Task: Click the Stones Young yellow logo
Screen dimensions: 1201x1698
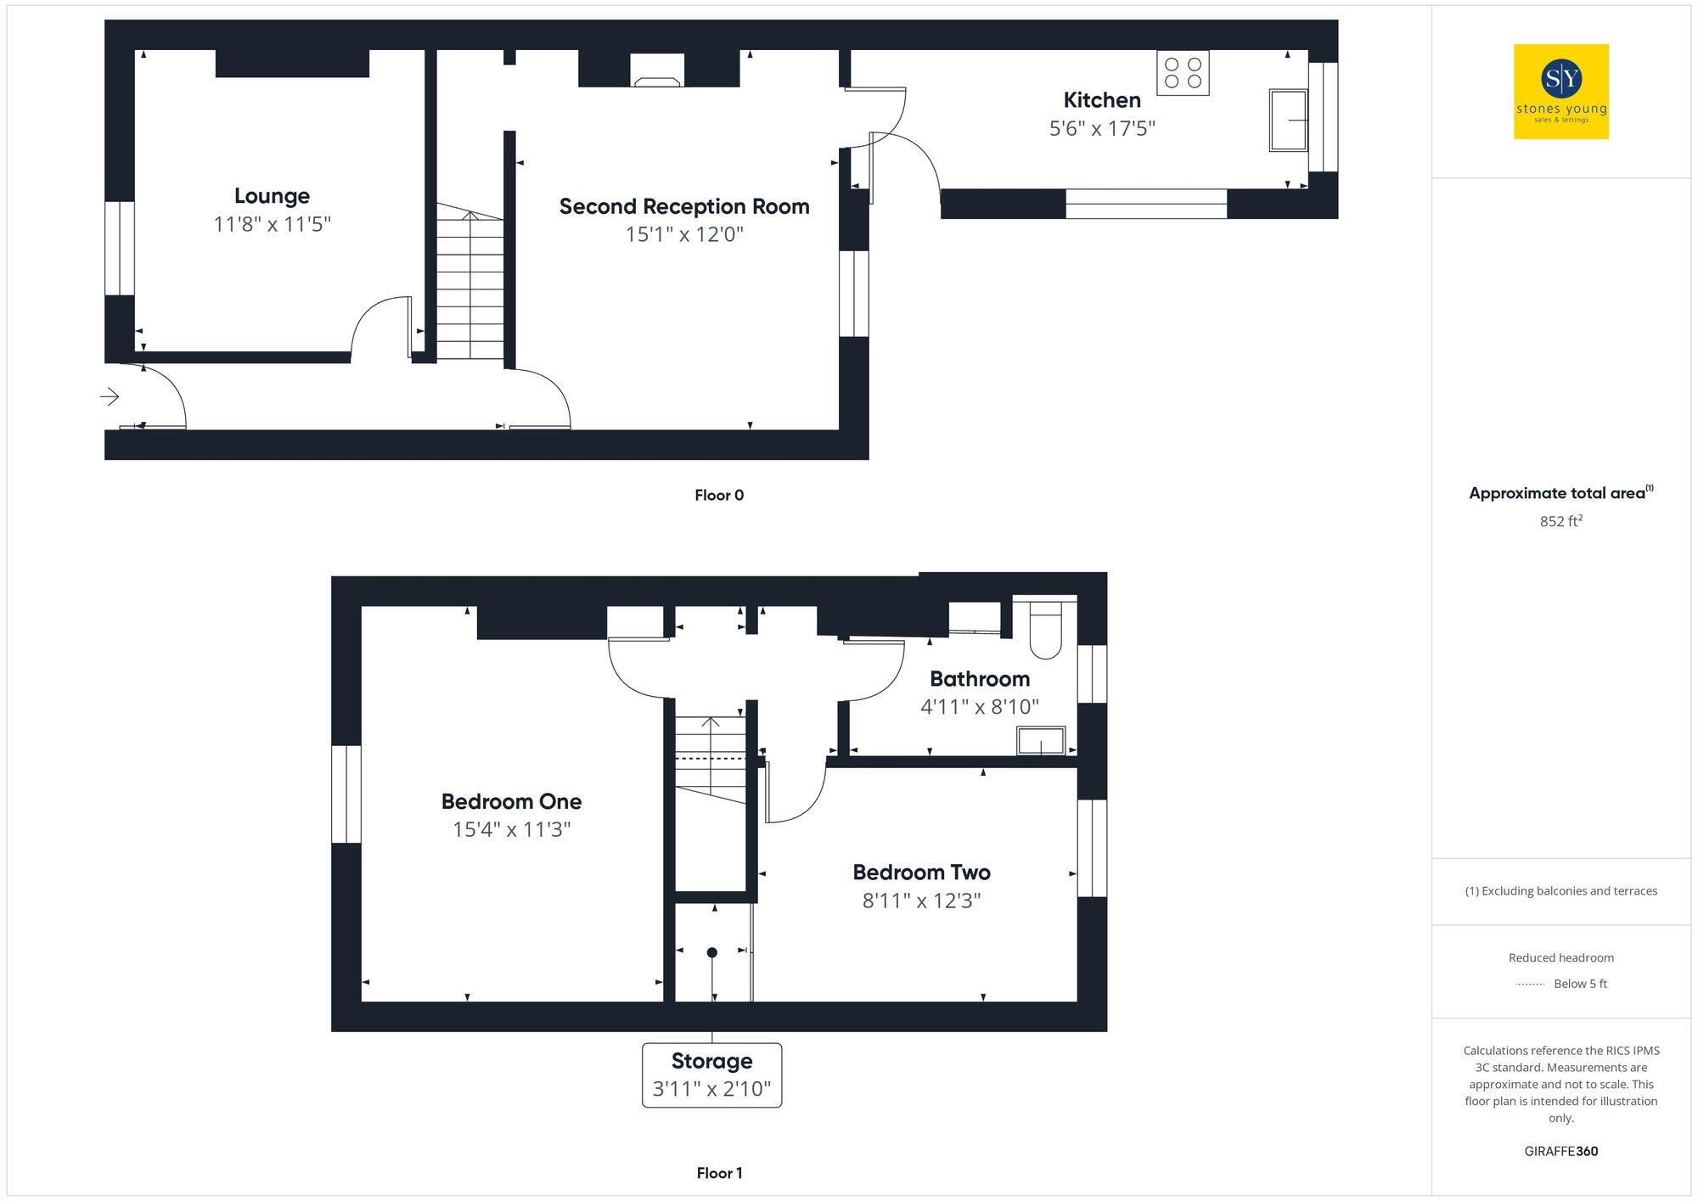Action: [x=1560, y=92]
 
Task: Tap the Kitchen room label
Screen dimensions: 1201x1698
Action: [x=1102, y=100]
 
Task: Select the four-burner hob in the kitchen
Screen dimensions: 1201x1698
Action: [x=1183, y=73]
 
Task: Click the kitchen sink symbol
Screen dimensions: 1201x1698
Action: [x=1287, y=120]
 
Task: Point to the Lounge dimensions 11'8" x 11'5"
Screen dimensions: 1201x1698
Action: [x=272, y=225]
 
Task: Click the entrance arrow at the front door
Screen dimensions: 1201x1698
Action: [x=110, y=396]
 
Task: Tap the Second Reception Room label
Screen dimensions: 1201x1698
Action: [x=684, y=206]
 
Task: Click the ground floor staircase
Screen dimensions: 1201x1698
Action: [x=469, y=284]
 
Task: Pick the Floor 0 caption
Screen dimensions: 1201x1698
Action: [x=718, y=496]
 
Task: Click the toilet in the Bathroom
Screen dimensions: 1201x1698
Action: [x=1046, y=631]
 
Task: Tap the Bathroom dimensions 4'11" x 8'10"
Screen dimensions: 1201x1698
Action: [x=980, y=707]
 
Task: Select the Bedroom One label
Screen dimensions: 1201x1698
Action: [x=511, y=801]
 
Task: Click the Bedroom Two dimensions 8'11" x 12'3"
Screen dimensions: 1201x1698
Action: [x=921, y=901]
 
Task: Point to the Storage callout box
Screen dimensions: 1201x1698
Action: [x=711, y=1075]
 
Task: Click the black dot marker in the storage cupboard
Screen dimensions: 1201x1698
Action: [x=712, y=952]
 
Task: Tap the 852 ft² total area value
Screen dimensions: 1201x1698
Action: [x=1560, y=521]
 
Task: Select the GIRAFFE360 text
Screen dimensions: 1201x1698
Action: [x=1560, y=1152]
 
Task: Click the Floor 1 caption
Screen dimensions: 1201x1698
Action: [x=719, y=1173]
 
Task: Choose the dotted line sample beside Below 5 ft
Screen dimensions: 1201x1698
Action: [x=1530, y=985]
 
